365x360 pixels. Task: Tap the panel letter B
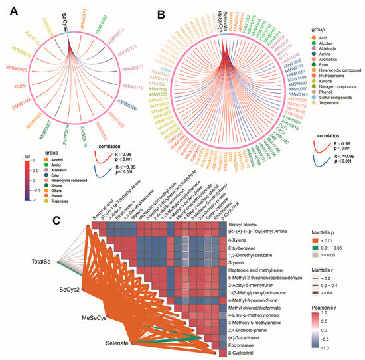pyautogui.click(x=159, y=12)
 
